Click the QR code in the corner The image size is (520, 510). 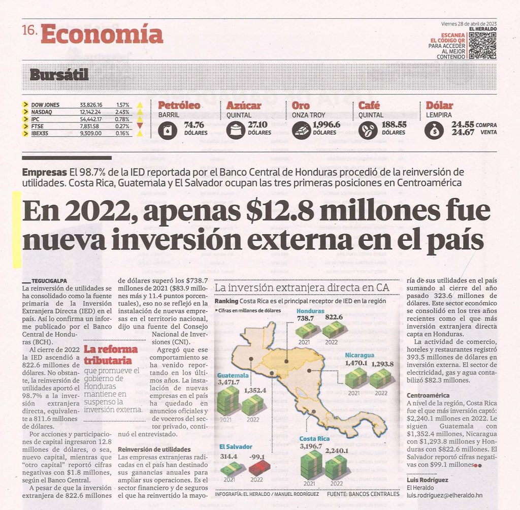[x=482, y=46]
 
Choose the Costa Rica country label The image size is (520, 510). [x=314, y=439]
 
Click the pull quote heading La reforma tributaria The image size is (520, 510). [x=111, y=354]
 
